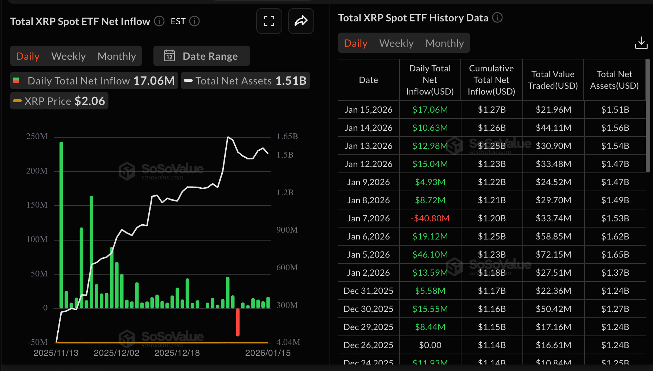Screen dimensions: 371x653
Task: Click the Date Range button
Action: (202, 56)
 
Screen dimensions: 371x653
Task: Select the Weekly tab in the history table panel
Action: (396, 43)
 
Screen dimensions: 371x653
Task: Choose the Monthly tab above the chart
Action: (117, 56)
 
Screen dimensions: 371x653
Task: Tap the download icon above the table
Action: (641, 43)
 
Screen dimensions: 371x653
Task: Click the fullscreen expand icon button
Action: (269, 21)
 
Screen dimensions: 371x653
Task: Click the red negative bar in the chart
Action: (238, 322)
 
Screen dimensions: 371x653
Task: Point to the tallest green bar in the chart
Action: (61, 225)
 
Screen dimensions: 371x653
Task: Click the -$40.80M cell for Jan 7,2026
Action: (430, 218)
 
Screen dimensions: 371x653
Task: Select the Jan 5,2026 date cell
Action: (368, 254)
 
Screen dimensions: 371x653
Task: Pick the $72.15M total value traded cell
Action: (553, 254)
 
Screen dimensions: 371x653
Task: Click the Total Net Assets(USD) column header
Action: (614, 80)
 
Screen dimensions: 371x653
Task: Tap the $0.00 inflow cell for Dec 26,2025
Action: (430, 345)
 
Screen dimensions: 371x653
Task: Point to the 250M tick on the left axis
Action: (37, 137)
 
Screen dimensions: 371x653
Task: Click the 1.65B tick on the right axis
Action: (287, 137)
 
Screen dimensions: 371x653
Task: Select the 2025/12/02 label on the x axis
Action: (116, 353)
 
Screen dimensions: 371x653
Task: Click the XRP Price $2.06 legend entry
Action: (59, 101)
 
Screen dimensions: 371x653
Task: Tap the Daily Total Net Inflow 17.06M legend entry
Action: (94, 81)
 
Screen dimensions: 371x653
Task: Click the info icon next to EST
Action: (194, 21)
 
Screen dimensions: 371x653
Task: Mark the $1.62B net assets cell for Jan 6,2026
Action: (615, 236)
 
